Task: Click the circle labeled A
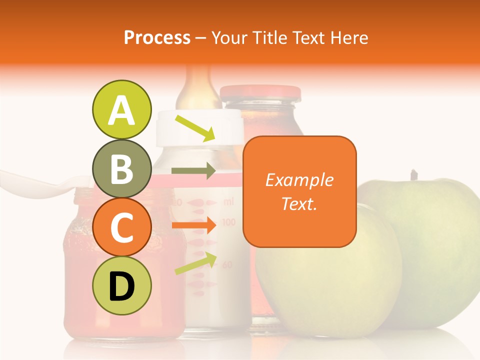121,110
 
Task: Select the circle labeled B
121,169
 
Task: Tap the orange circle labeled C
121,227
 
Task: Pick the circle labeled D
121,286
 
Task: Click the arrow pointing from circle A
194,128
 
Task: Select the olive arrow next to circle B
193,171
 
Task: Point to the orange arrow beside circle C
193,226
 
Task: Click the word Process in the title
157,37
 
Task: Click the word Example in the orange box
299,180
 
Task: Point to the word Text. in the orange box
299,203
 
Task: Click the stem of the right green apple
413,175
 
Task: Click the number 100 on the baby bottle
228,221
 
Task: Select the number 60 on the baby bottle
227,264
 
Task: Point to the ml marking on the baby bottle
228,202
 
